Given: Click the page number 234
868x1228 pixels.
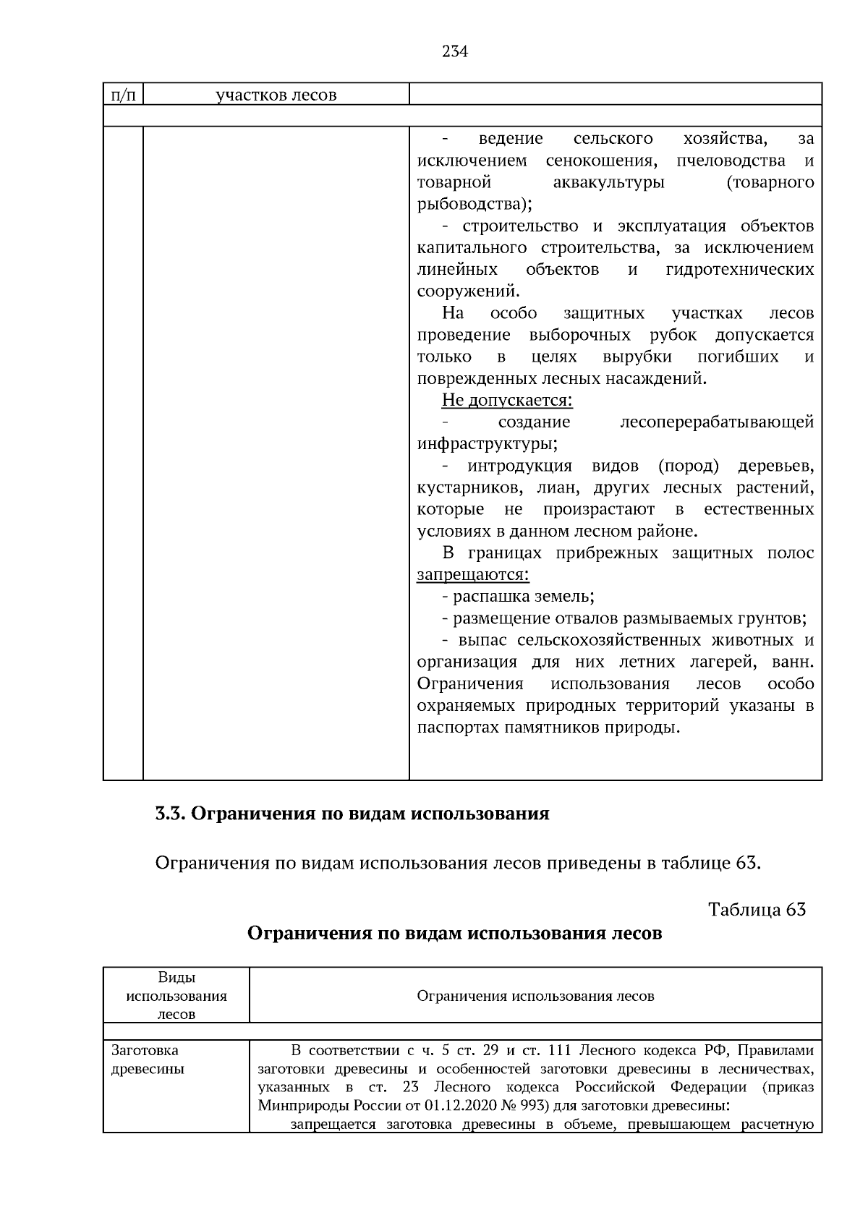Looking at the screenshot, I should click(x=454, y=52).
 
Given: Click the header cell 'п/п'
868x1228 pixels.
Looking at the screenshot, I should click(x=123, y=95).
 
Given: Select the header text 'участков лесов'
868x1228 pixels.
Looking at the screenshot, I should click(x=276, y=95).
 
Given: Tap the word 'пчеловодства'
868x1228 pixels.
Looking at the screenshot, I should click(x=731, y=160).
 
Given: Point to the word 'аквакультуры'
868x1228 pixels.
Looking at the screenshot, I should click(x=608, y=182).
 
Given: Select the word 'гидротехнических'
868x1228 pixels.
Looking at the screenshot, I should click(x=739, y=270).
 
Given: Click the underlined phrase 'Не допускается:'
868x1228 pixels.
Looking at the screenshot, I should click(x=506, y=400).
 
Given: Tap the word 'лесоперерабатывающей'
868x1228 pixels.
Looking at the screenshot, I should click(x=717, y=422).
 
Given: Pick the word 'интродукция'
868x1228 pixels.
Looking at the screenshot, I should click(x=519, y=466).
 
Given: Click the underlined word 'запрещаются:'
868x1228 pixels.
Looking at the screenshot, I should click(x=473, y=575).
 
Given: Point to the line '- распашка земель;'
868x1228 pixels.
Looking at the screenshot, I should click(x=518, y=597).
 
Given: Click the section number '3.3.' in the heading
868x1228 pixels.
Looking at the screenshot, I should click(x=171, y=814).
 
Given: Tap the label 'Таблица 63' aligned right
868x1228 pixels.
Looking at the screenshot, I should click(x=757, y=909).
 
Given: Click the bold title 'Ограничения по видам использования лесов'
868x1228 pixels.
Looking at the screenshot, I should click(x=454, y=934).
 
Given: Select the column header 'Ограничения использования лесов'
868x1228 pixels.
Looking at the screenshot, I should click(x=535, y=996).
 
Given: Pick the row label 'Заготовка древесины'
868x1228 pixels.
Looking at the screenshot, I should click(x=148, y=1059).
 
